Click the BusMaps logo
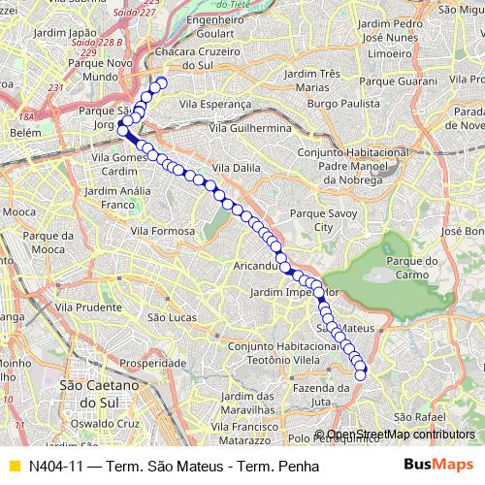(432, 466)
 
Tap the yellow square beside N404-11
(14, 466)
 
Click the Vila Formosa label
(162, 231)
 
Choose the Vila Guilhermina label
(256, 127)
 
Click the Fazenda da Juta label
(315, 394)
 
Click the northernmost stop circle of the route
(162, 82)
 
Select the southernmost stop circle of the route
(360, 374)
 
